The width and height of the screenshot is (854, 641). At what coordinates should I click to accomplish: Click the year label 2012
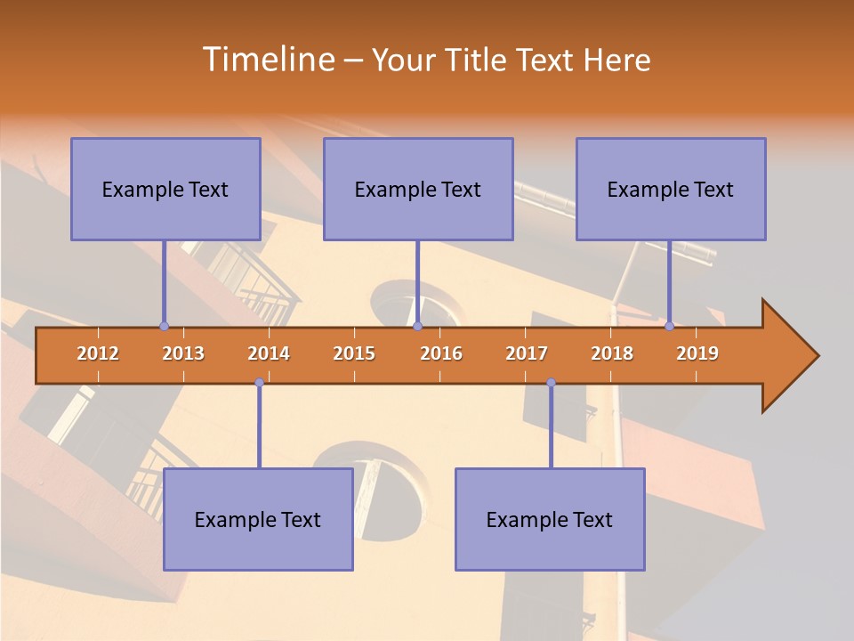point(98,353)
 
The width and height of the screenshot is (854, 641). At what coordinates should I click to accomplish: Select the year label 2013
point(183,353)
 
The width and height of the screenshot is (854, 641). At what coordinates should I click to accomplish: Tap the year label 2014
point(269,353)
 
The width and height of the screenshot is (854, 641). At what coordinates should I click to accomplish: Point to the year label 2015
point(354,353)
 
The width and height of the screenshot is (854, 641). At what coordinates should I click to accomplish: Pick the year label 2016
point(441,353)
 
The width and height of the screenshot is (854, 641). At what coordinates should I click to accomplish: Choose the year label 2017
point(527,353)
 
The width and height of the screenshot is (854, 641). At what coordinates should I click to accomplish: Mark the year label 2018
point(612,353)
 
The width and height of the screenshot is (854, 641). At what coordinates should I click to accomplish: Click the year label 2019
point(697,353)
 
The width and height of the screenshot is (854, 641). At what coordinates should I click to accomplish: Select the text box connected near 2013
point(165,189)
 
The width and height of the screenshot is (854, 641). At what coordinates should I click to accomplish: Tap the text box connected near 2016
point(418,189)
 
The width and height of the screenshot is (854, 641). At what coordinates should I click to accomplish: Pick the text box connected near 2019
point(671,189)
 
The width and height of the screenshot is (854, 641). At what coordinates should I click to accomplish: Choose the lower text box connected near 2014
point(258,519)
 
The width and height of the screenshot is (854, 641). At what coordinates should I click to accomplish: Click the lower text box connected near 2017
point(550,519)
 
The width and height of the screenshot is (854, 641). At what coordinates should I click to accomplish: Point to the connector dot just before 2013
point(164,326)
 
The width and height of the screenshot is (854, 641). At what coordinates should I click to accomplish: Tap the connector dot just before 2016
point(417,326)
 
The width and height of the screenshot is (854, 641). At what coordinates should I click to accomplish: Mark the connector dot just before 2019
point(670,326)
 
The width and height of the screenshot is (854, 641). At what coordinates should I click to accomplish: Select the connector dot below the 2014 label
point(259,383)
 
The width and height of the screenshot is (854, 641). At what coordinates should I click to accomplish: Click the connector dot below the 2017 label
point(551,383)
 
